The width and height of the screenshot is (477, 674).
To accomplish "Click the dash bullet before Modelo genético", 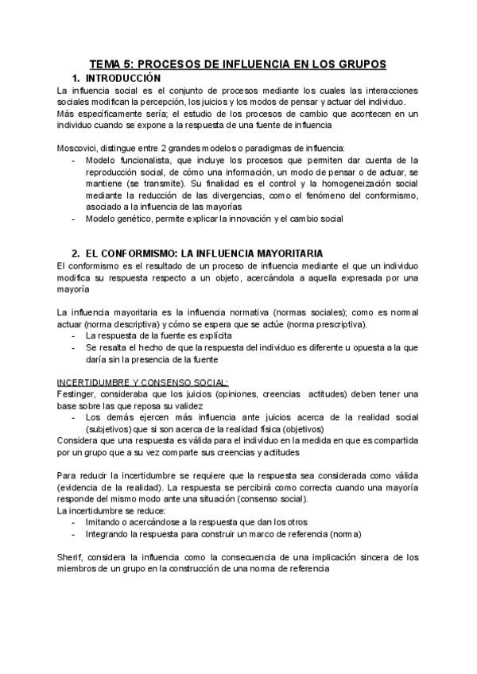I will coord(75,219).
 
